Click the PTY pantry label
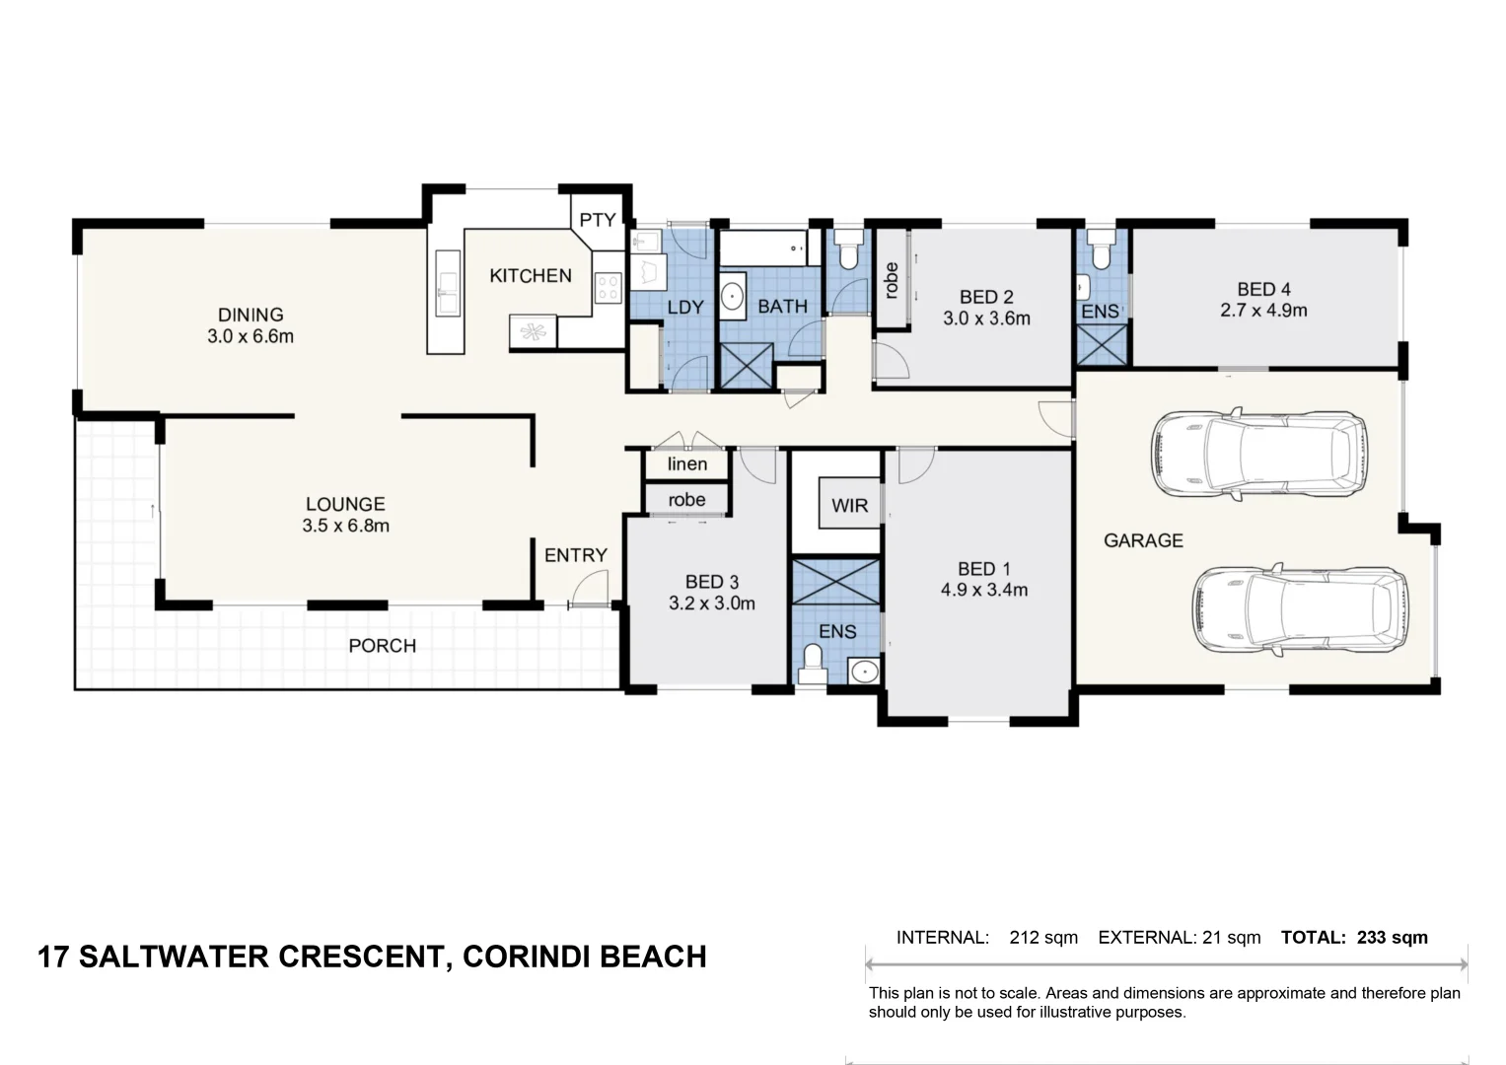(597, 220)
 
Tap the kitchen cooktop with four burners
(608, 288)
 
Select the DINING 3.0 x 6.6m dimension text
(251, 336)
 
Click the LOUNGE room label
(345, 504)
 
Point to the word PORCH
(383, 646)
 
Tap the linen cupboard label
(687, 463)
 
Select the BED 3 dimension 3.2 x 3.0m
(712, 603)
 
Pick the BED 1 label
(984, 569)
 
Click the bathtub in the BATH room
(763, 248)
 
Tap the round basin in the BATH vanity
(732, 295)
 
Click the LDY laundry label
(685, 308)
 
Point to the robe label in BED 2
(892, 280)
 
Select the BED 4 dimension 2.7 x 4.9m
(1264, 311)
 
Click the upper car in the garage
(1259, 454)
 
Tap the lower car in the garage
(1300, 609)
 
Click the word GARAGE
(1144, 540)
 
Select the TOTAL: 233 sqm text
(1354, 937)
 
